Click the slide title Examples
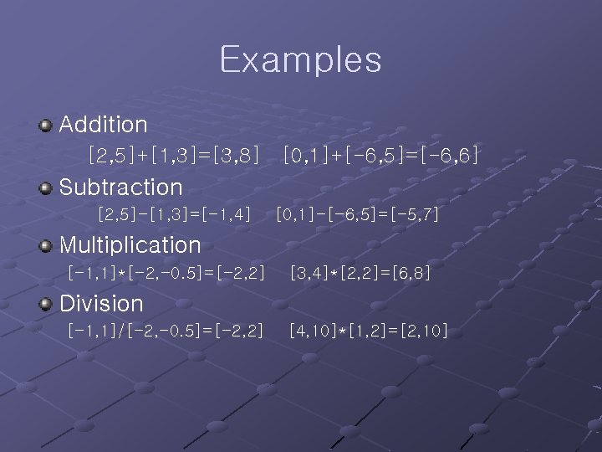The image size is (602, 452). click(300, 60)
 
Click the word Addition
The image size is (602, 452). click(104, 126)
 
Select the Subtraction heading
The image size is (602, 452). click(120, 187)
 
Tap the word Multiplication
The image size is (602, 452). click(130, 245)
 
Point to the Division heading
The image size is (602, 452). click(101, 303)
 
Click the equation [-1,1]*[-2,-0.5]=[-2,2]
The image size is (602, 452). click(166, 273)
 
